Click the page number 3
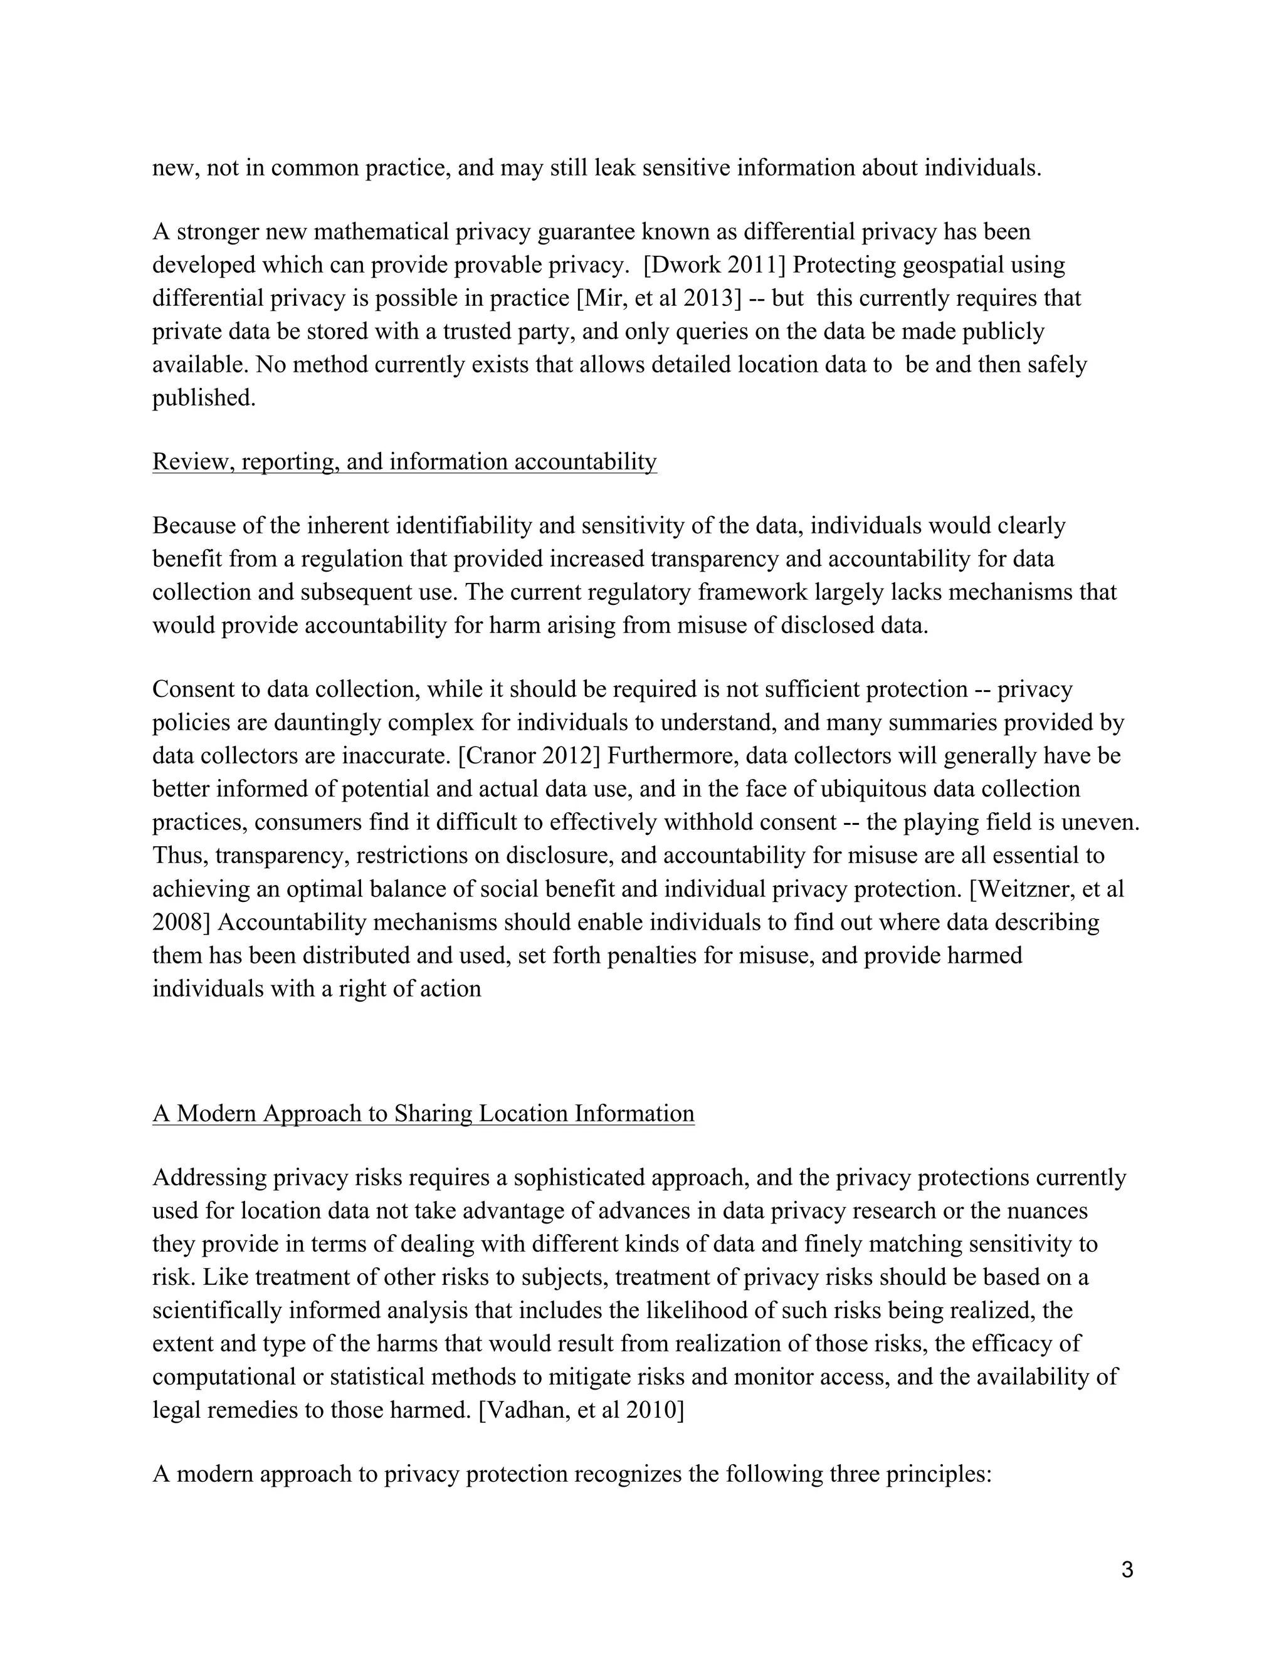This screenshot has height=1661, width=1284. (1127, 1569)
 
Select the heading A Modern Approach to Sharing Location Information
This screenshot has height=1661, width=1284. (423, 1113)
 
